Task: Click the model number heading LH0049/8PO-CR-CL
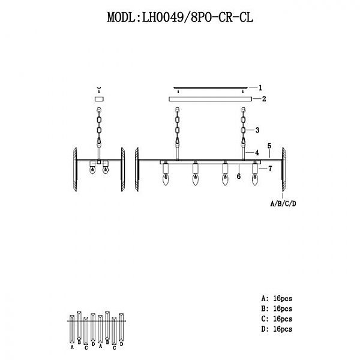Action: (x=180, y=17)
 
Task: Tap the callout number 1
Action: (x=260, y=87)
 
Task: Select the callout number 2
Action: (x=263, y=98)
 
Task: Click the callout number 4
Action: (x=257, y=152)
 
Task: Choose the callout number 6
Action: (x=239, y=176)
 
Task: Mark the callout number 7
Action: (x=270, y=169)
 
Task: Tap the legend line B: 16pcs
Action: (x=277, y=308)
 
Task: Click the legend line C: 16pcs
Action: (x=277, y=319)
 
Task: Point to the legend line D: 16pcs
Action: (x=277, y=329)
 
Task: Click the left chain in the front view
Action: (x=178, y=127)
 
